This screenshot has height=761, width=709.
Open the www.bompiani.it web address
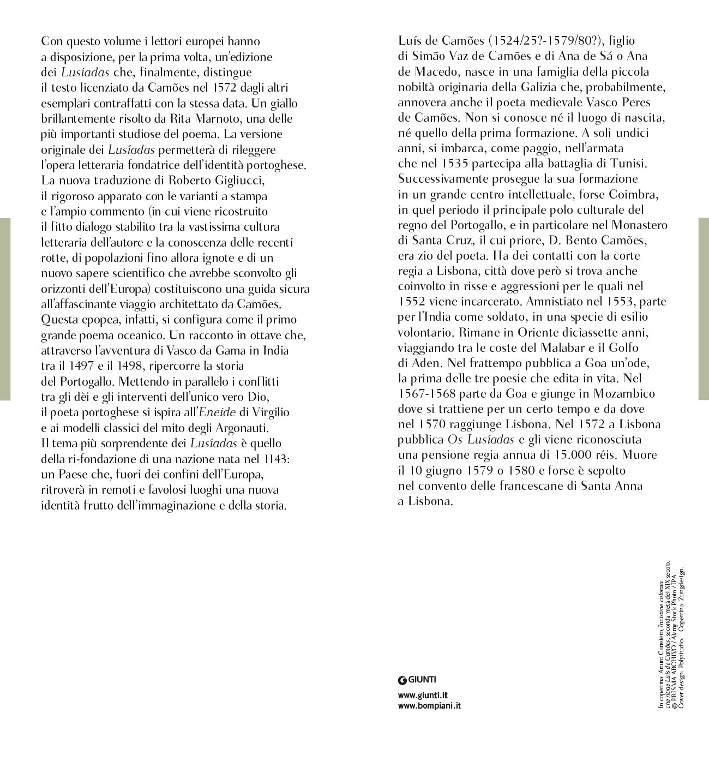pyautogui.click(x=430, y=706)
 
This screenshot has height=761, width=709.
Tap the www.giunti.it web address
pyautogui.click(x=423, y=696)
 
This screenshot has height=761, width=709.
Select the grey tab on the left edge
pyautogui.click(x=5, y=309)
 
